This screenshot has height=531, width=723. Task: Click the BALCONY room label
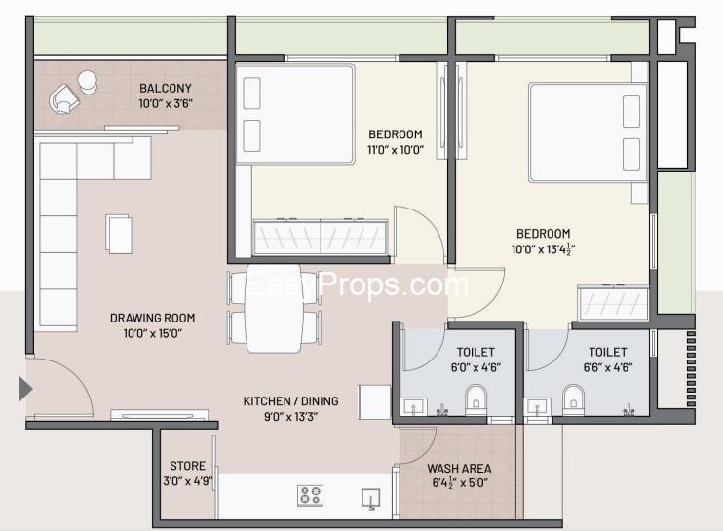[165, 88]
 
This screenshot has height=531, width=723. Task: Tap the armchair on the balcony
[63, 99]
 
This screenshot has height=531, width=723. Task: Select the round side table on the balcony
[87, 82]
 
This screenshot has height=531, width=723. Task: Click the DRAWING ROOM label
[152, 318]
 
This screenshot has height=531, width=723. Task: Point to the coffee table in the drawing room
[119, 234]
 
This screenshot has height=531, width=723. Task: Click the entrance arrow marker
[25, 389]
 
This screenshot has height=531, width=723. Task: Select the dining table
[274, 308]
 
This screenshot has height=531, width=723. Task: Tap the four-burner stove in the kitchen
[310, 496]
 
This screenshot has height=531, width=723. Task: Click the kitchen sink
[370, 499]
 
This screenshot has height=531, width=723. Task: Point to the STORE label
[187, 466]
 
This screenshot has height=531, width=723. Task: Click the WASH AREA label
[459, 469]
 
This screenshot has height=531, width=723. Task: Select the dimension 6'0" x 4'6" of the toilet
[476, 368]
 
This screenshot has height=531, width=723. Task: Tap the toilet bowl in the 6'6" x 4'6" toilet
[573, 399]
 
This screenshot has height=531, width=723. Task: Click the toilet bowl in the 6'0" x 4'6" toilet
[476, 399]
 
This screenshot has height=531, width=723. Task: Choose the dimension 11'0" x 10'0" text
[396, 150]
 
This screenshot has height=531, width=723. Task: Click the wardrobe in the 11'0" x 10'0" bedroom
[320, 237]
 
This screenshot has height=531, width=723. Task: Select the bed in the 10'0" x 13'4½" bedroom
[589, 133]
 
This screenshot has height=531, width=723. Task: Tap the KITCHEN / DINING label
[290, 401]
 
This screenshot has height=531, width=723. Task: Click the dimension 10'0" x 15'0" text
[152, 333]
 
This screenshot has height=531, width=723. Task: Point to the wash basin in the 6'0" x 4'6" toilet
[413, 407]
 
